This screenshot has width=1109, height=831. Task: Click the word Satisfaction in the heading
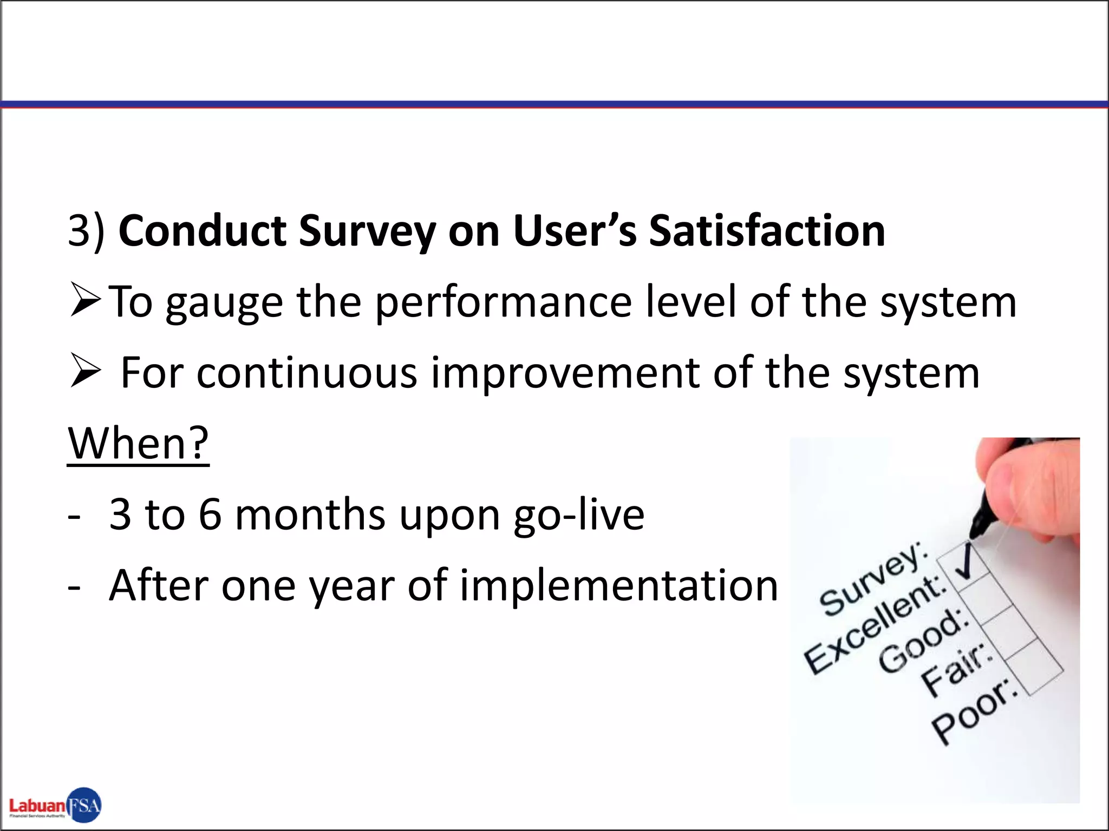click(767, 231)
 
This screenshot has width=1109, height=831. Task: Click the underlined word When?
click(139, 443)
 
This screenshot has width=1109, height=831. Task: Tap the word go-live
click(579, 515)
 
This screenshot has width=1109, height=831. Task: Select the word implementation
click(619, 585)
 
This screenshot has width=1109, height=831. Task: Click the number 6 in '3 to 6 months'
click(210, 515)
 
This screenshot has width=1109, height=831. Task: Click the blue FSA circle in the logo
click(84, 805)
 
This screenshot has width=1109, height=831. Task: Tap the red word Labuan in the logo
click(37, 806)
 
